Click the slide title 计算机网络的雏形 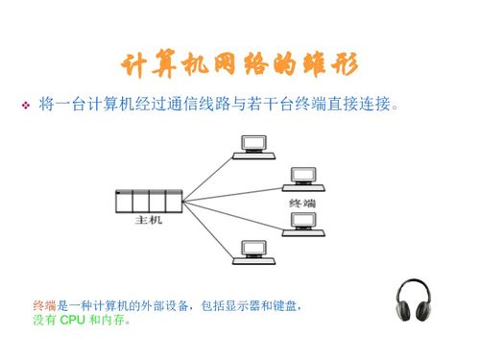tap(239, 64)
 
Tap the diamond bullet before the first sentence tap(26, 102)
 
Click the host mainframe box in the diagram tap(148, 202)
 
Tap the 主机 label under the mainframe tap(150, 220)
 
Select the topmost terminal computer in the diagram tap(254, 145)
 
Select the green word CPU tap(73, 320)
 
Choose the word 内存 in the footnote tap(112, 320)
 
